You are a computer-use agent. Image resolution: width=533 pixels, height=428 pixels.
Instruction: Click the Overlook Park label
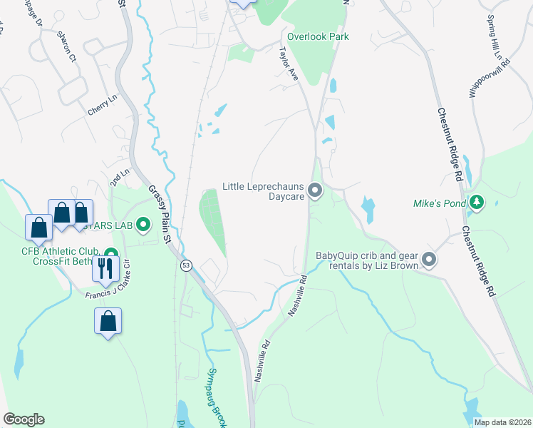pos(319,36)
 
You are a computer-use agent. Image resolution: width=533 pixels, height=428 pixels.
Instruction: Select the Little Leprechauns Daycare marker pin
pos(316,190)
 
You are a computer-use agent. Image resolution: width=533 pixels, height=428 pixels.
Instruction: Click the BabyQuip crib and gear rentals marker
pos(429,260)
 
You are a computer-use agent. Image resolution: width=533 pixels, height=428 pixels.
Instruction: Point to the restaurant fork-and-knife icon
pos(106,267)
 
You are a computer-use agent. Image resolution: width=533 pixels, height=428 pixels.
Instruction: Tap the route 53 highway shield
pos(186,265)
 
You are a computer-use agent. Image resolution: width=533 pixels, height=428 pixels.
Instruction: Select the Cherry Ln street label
pos(102,106)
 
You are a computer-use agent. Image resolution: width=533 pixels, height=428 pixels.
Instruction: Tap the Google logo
pos(24,419)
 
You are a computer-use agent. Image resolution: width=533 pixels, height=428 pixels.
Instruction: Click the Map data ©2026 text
pos(502,422)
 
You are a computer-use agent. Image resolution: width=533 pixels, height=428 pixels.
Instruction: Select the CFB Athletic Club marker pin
pos(111,254)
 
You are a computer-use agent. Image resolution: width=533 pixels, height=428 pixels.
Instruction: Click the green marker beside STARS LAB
pos(143,226)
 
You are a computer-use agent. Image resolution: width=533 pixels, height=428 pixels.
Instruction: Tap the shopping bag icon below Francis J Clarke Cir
pos(108,321)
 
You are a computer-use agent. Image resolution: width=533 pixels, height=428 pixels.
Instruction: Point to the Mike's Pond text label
pos(438,203)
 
